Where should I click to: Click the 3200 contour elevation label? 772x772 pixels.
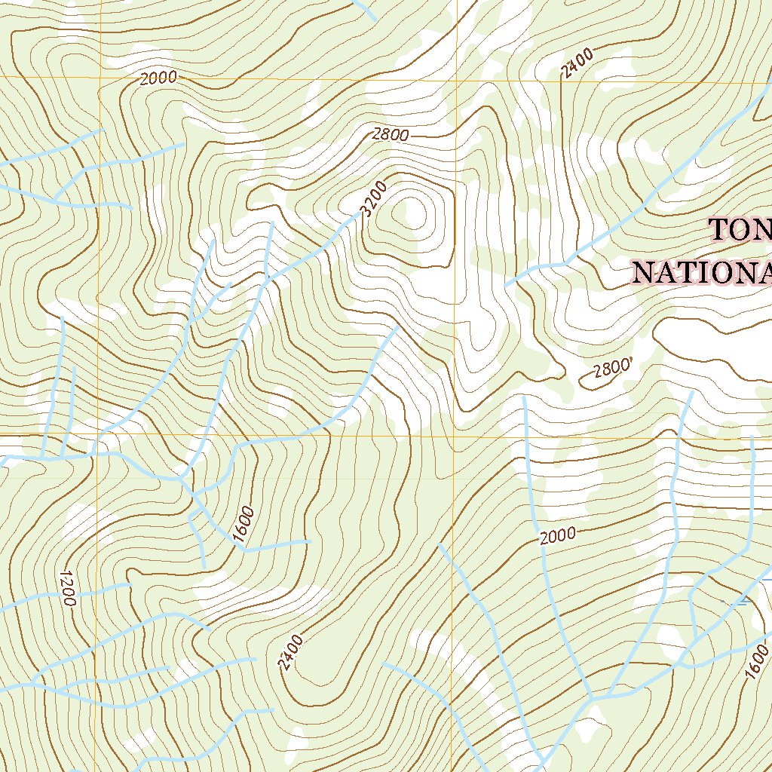(x=374, y=198)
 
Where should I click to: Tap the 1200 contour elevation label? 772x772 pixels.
(x=66, y=588)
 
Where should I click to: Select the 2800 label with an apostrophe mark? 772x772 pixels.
(x=611, y=370)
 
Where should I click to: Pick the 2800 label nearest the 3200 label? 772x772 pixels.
(x=390, y=135)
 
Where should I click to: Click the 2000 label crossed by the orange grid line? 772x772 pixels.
(x=158, y=78)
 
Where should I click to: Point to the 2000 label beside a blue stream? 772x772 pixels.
(x=558, y=535)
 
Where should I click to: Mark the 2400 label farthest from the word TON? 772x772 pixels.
(x=289, y=653)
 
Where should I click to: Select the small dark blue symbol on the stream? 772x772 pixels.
(x=743, y=601)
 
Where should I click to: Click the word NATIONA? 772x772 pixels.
(x=701, y=273)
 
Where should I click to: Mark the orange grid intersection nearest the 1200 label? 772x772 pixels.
(x=97, y=435)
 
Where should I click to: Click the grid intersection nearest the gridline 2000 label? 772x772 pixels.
(x=98, y=78)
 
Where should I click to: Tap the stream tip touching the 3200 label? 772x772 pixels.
(x=359, y=215)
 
